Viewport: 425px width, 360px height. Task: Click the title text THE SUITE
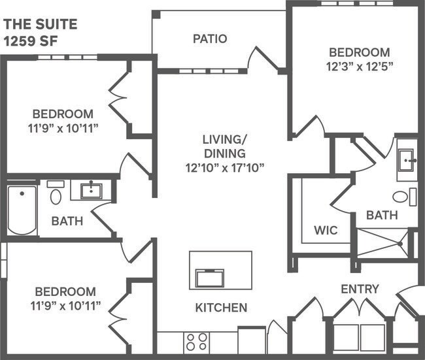[x=41, y=25]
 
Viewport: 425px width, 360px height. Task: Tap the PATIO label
[x=210, y=39]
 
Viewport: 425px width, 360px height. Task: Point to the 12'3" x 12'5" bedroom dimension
[x=359, y=66]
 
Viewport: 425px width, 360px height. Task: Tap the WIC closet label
[x=325, y=231]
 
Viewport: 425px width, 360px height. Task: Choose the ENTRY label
[x=359, y=289]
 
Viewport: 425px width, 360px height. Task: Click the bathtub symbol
[x=22, y=209]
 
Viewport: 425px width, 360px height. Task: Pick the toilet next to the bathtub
[x=56, y=195]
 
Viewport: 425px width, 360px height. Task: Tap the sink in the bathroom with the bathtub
[x=90, y=190]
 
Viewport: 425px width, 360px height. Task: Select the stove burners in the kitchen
[x=197, y=342]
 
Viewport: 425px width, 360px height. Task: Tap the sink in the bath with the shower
[x=408, y=159]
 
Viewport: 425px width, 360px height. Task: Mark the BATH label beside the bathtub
[x=67, y=221]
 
